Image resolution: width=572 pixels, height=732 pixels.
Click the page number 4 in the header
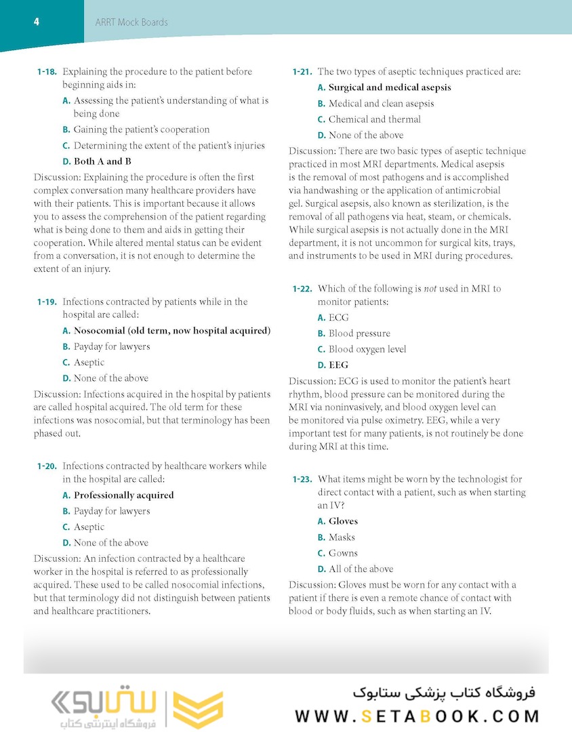(36, 22)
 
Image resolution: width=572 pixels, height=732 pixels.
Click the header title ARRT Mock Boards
(131, 22)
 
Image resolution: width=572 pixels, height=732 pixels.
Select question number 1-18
(47, 72)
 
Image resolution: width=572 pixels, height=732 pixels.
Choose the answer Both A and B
(102, 161)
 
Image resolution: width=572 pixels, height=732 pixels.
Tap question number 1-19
(47, 302)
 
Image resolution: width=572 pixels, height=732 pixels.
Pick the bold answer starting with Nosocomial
(172, 331)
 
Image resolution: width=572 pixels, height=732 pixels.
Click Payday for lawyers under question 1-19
(112, 346)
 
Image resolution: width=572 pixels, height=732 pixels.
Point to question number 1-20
(47, 466)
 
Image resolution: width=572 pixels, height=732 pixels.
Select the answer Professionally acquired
(123, 495)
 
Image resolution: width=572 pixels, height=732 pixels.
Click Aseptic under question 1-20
(89, 527)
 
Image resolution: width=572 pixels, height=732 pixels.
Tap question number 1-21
(302, 72)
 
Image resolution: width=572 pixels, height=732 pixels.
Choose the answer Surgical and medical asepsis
(390, 87)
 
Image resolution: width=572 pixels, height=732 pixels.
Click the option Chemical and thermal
(375, 119)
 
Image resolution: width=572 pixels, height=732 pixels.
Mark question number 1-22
(302, 289)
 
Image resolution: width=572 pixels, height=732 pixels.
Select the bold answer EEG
(338, 365)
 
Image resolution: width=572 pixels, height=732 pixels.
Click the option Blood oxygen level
(367, 349)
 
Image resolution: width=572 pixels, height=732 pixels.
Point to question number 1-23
(302, 480)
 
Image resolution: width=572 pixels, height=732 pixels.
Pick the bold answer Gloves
(343, 521)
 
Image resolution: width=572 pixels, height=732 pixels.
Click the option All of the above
(361, 569)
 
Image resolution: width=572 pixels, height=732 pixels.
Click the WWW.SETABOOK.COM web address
(417, 716)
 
